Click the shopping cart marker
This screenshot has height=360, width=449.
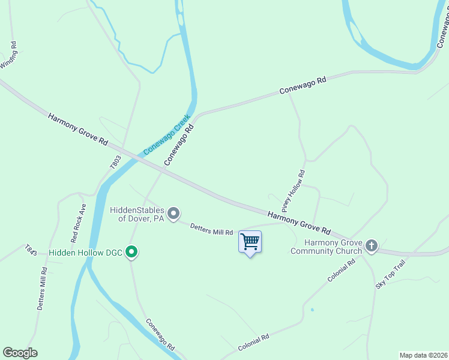[250, 242]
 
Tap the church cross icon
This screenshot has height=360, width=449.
[372, 245]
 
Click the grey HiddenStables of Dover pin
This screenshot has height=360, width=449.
[173, 214]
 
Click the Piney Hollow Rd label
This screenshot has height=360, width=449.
[294, 191]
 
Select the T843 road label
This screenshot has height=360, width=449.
[31, 250]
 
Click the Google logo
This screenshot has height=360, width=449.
[20, 353]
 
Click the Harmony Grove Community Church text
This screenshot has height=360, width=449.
[324, 247]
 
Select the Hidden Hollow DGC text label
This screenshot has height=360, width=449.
[86, 253]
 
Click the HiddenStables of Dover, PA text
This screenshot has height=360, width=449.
[137, 214]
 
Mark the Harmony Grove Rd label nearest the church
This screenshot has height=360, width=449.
[299, 222]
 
